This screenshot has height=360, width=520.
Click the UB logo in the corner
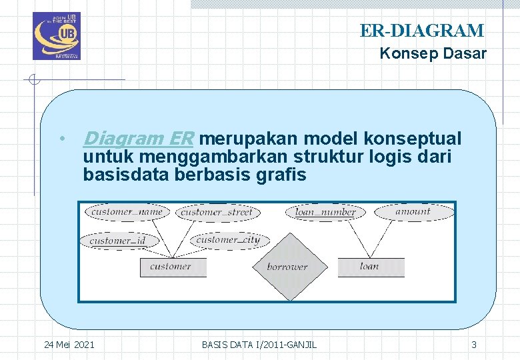[x=56, y=36]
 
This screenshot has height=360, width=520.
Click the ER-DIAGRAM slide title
[x=421, y=31]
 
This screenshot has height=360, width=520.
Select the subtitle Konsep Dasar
[x=433, y=54]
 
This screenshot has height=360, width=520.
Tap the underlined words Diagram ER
[x=137, y=139]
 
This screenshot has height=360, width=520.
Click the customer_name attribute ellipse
[x=127, y=212]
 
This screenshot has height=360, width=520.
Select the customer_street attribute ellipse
[x=217, y=213]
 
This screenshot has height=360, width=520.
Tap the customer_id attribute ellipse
[x=118, y=240]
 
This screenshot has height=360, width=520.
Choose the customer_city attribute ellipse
[x=229, y=239]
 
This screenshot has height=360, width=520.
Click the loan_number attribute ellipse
[x=325, y=212]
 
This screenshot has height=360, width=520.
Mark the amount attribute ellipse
[x=413, y=212]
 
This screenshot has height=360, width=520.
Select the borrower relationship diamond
[x=287, y=267]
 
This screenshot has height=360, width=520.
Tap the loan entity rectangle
[x=370, y=267]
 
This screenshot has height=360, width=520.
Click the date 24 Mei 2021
[x=69, y=345]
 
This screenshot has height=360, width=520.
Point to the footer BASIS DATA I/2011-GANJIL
[x=259, y=345]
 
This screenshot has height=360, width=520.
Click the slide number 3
[x=474, y=345]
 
